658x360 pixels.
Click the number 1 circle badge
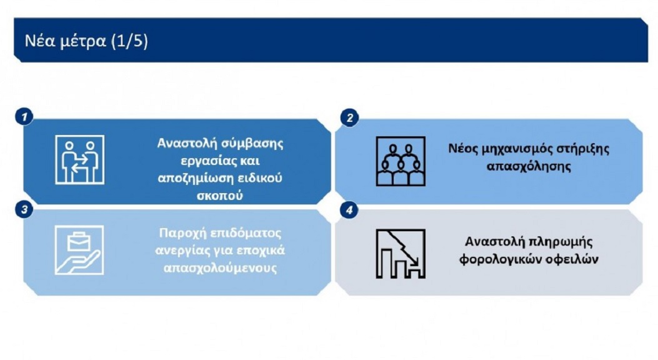[x=24, y=116]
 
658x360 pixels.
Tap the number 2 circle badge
[x=349, y=118]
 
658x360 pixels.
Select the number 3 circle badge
[x=24, y=209]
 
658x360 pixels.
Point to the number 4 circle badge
[x=349, y=210]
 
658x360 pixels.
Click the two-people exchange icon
[x=80, y=160]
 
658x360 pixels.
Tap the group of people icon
[x=401, y=161]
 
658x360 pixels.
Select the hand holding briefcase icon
[x=79, y=251]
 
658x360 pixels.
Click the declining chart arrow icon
[x=401, y=254]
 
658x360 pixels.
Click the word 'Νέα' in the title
[x=39, y=41]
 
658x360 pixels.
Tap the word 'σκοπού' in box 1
[x=220, y=196]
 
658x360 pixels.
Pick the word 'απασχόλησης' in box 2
[x=529, y=167]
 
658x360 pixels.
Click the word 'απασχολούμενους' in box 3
[x=220, y=268]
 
